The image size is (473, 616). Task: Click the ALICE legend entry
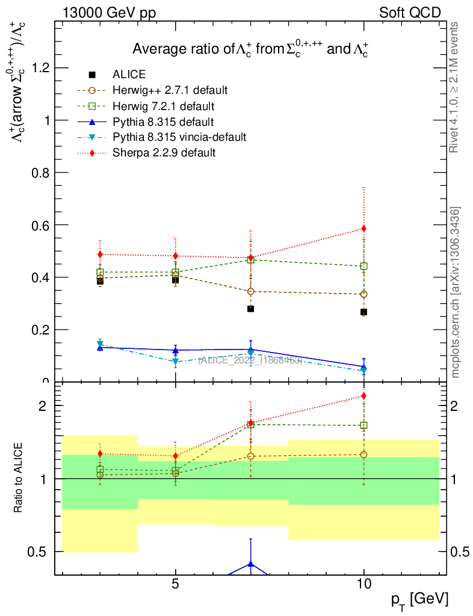(129, 75)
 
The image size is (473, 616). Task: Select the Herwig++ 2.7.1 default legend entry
(170, 90)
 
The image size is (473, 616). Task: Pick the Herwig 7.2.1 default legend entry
(164, 106)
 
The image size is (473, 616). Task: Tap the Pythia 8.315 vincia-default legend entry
(179, 137)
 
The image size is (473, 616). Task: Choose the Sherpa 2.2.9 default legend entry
(164, 153)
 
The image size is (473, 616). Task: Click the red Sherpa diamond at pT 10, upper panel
(363, 229)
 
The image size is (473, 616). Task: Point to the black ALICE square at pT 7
(250, 309)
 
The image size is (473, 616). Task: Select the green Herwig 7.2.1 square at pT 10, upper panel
(363, 266)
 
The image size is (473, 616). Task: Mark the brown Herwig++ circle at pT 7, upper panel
(250, 291)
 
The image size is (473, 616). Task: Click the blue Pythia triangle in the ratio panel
(250, 564)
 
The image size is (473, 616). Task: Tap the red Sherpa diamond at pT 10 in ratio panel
(363, 396)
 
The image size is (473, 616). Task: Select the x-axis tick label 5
(175, 584)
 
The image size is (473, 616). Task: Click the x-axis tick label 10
(363, 584)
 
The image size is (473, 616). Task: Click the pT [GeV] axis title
(420, 599)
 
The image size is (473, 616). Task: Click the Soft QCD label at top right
(410, 12)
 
